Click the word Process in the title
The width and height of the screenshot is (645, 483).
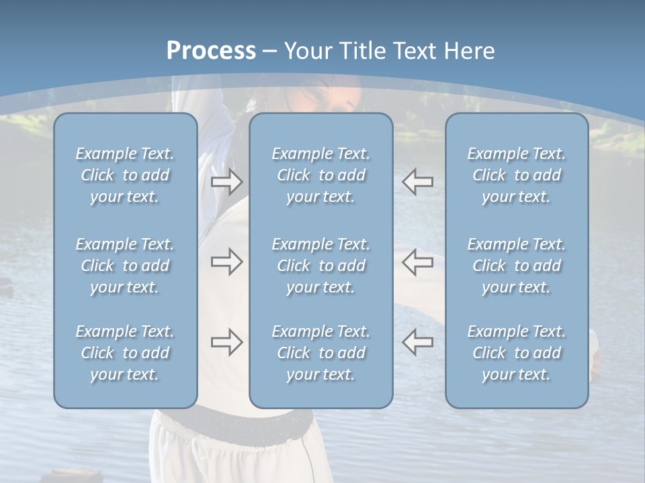coord(211,51)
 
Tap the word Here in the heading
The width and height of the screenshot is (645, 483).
coord(470,51)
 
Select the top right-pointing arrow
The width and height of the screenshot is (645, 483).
coord(226,182)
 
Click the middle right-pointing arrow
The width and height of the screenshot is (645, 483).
coord(226,262)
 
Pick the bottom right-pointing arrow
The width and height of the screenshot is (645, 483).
coord(226,342)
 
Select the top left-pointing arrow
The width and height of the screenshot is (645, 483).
coord(418,182)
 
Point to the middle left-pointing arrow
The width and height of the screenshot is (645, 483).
coord(418,262)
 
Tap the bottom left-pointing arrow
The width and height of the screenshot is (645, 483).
coord(418,342)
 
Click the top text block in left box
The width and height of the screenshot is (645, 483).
coord(125,175)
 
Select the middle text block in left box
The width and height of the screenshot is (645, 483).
coord(125,266)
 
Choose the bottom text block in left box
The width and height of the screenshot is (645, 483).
coord(125,353)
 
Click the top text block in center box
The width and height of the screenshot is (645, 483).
coord(320,175)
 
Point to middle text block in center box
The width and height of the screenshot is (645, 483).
coord(320,266)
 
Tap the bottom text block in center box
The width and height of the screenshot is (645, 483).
coord(320,353)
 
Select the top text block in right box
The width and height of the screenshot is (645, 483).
coord(516,175)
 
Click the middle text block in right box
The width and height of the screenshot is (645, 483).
coord(516,266)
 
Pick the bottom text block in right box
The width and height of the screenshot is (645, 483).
coord(516,353)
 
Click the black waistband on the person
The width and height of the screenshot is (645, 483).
coord(232,421)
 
